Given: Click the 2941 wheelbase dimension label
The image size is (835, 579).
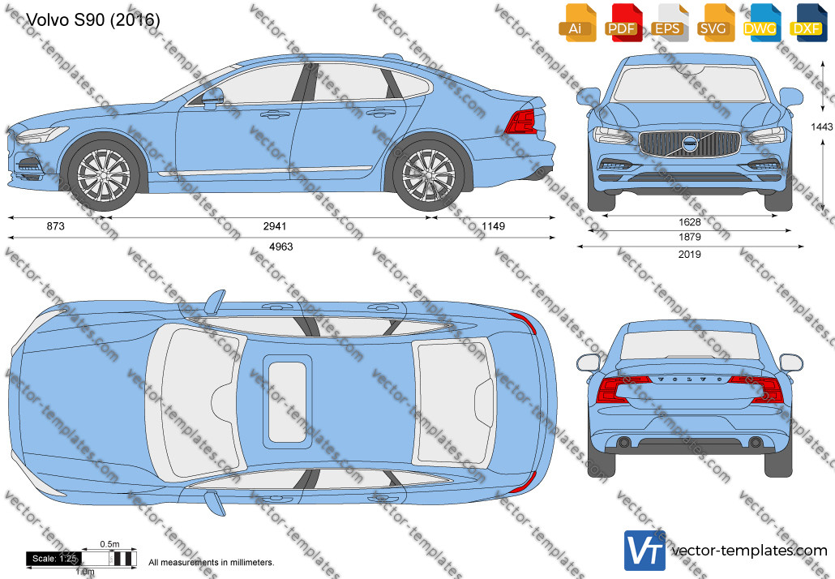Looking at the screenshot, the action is coord(275,226).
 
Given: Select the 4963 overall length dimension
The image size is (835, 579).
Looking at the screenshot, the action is coord(281,247).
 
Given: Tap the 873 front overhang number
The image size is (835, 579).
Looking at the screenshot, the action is coord(55,226).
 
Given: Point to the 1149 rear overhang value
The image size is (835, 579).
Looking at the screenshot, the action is coord(493,226).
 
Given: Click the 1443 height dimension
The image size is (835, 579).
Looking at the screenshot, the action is coord(822,127).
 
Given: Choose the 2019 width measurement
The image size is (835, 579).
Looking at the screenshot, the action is coord(690,255).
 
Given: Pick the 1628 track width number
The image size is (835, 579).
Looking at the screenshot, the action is coord(690,222).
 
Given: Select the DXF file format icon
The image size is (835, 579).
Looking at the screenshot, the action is coord(807,23).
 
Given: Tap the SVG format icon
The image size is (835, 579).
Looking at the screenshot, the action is coord(713,23).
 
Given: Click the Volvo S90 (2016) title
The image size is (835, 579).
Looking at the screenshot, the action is coord(92,19).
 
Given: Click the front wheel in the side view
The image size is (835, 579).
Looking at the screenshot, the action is coord(103,174).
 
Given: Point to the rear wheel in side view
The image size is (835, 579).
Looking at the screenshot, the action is coord(428,174).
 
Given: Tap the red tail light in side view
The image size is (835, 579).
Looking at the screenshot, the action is coord(520,122).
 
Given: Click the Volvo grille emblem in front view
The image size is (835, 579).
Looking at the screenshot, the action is coord(690,144).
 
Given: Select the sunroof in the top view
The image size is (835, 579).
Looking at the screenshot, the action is coord(287,400).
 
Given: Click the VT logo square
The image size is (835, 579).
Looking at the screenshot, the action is coord(644,550).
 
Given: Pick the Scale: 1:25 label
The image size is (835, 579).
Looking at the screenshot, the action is coord(54,559).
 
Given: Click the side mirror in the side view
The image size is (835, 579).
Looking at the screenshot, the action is coord(212,99).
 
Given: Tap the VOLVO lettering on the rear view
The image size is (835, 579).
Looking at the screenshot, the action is coord(690,380).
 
